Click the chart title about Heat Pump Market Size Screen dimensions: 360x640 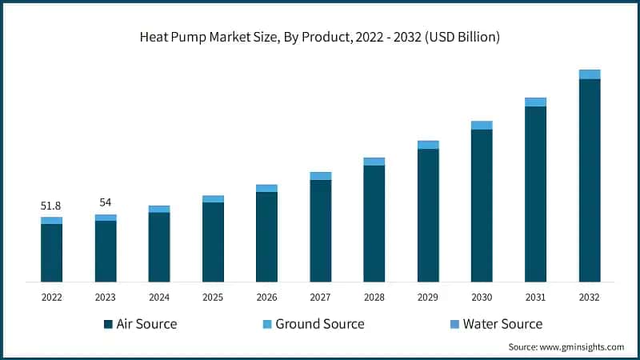320,38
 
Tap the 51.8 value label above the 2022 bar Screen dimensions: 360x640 51,206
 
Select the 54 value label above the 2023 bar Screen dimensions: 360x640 105,202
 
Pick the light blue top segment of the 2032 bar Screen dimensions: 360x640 590,74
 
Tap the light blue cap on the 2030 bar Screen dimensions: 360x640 482,125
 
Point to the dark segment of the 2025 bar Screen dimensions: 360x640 213,242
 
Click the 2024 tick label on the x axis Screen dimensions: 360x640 159,297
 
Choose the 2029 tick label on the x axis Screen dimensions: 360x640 428,297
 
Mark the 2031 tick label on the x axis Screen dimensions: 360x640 535,297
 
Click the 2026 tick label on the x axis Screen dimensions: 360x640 266,297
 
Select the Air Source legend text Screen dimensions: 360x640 146,324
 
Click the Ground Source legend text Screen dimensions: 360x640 320,324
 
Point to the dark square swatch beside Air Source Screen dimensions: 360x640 108,325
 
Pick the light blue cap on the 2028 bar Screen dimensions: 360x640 374,162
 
